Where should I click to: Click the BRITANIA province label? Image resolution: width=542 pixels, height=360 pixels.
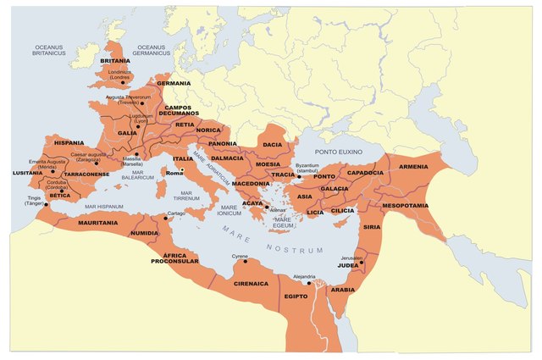pyautogui.click(x=115, y=61)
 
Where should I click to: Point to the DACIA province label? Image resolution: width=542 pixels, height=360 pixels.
pyautogui.click(x=272, y=145)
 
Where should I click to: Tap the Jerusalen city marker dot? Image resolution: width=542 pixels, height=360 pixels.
pyautogui.click(x=362, y=263)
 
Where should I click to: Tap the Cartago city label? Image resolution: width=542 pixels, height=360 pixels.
pyautogui.click(x=175, y=213)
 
